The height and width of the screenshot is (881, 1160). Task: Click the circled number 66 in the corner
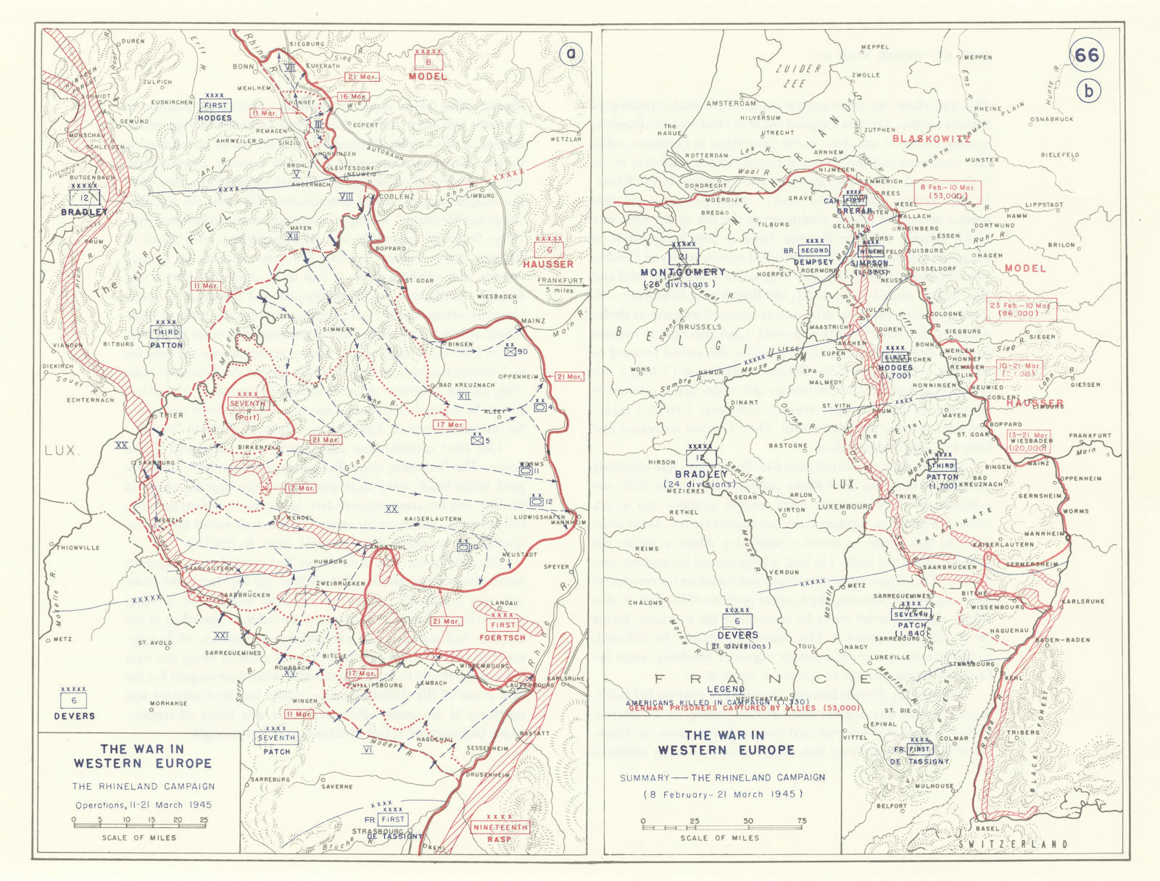(x=1086, y=56)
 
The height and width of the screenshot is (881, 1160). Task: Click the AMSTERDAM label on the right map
(x=731, y=104)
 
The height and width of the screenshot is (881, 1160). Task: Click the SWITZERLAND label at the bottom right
(x=1012, y=844)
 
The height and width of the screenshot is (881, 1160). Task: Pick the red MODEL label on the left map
(x=428, y=76)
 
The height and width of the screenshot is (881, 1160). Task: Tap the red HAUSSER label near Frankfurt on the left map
(x=548, y=264)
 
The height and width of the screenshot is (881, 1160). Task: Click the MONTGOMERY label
(x=683, y=272)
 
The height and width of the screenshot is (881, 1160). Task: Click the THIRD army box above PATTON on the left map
(x=166, y=333)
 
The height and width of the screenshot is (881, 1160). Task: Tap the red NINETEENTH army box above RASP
(x=500, y=827)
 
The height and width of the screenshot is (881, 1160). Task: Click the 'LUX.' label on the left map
(x=61, y=450)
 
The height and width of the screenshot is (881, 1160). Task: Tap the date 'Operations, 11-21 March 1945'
(x=143, y=805)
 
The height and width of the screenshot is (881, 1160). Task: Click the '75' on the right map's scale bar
(x=801, y=821)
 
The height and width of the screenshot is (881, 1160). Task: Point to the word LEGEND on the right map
(x=725, y=689)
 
